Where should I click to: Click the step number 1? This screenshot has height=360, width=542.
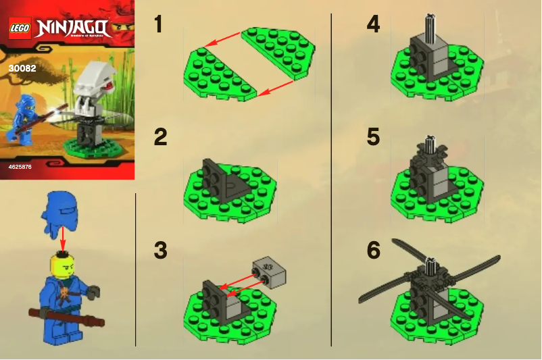click(x=158, y=25)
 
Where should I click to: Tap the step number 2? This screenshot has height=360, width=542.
click(x=159, y=137)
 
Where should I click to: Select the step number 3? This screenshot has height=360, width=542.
click(x=159, y=251)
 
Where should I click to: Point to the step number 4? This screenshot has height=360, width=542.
click(x=373, y=25)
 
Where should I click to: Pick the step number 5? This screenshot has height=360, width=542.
click(x=373, y=137)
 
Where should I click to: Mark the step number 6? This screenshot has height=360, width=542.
click(x=373, y=251)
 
